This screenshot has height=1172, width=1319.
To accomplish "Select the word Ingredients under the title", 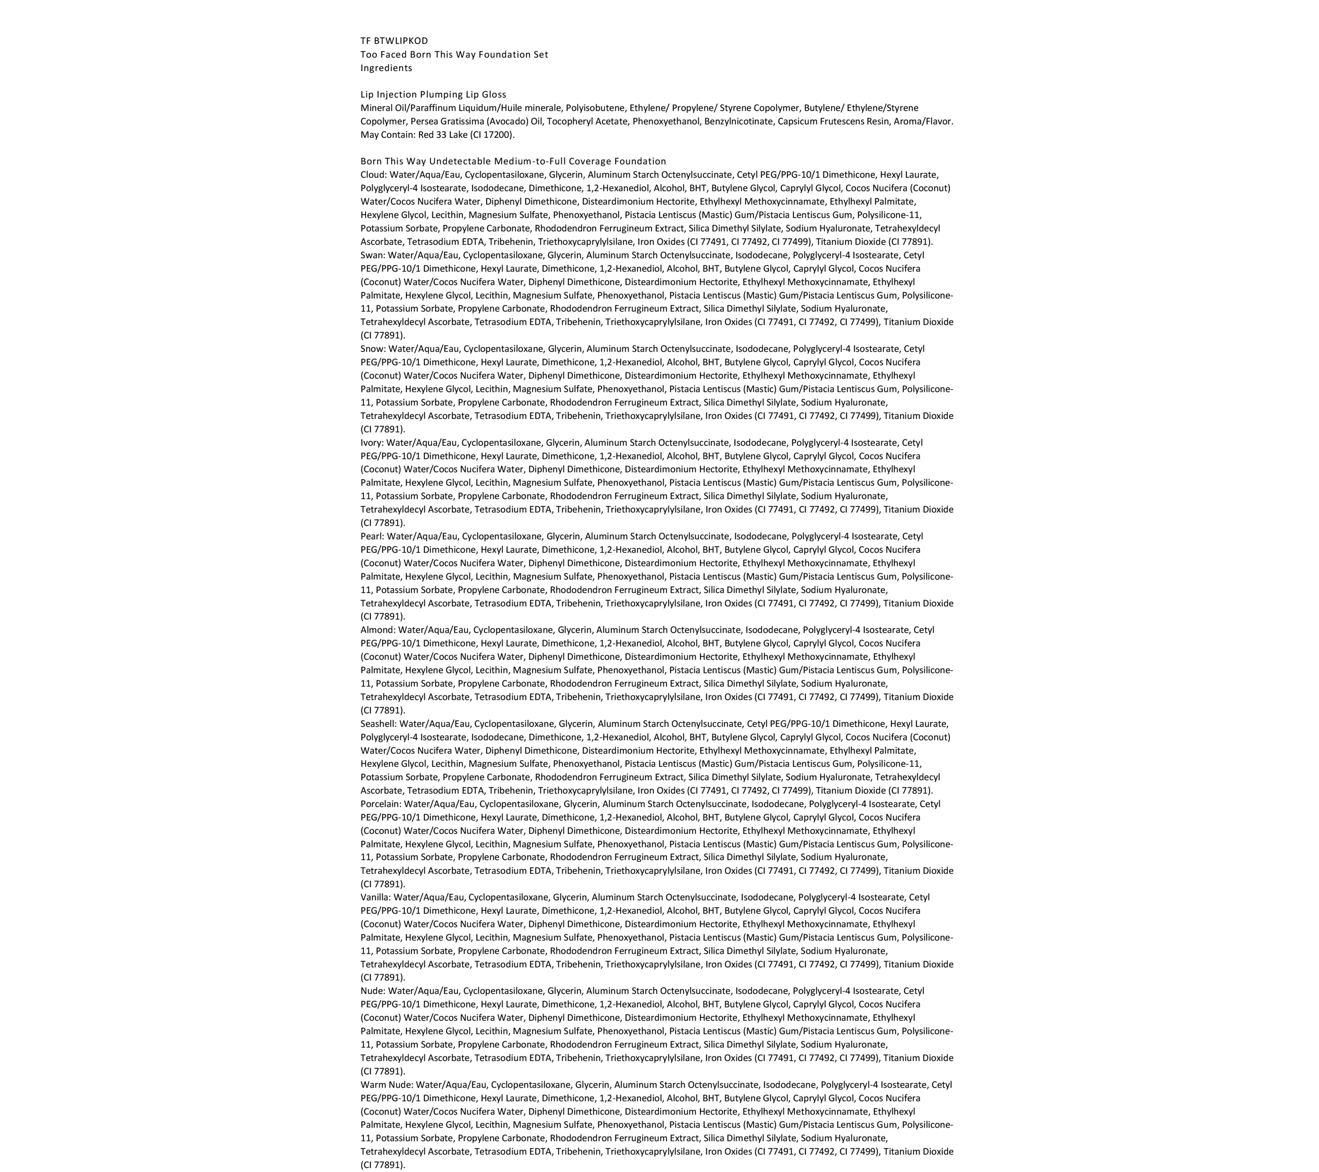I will [x=386, y=68].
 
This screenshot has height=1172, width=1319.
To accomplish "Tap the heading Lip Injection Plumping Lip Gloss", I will [x=433, y=94].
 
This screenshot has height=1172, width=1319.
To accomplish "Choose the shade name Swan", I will [x=372, y=255].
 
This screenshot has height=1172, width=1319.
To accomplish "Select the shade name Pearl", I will [x=372, y=536].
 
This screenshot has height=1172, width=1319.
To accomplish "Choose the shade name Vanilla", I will [x=375, y=897].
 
